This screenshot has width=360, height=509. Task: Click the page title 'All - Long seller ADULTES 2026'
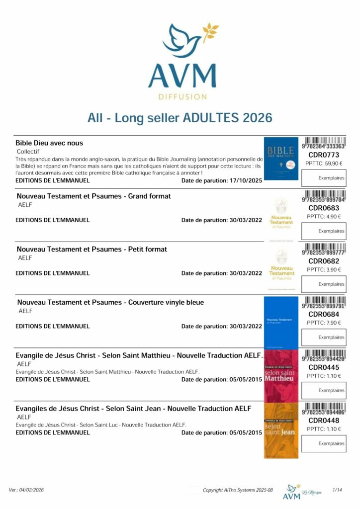180,118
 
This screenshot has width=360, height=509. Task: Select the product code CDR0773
323,155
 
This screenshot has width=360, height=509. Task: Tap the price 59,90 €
323,163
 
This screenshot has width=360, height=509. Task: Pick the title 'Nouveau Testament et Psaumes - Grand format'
94,196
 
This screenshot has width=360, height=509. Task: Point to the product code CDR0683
323,208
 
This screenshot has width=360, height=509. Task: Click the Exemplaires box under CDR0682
324,284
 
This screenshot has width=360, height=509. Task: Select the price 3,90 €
324,269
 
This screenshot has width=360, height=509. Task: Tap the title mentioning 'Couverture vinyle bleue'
110,302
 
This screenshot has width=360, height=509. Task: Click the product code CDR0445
323,367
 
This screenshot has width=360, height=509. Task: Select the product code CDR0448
323,421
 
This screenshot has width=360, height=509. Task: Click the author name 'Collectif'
28,151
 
